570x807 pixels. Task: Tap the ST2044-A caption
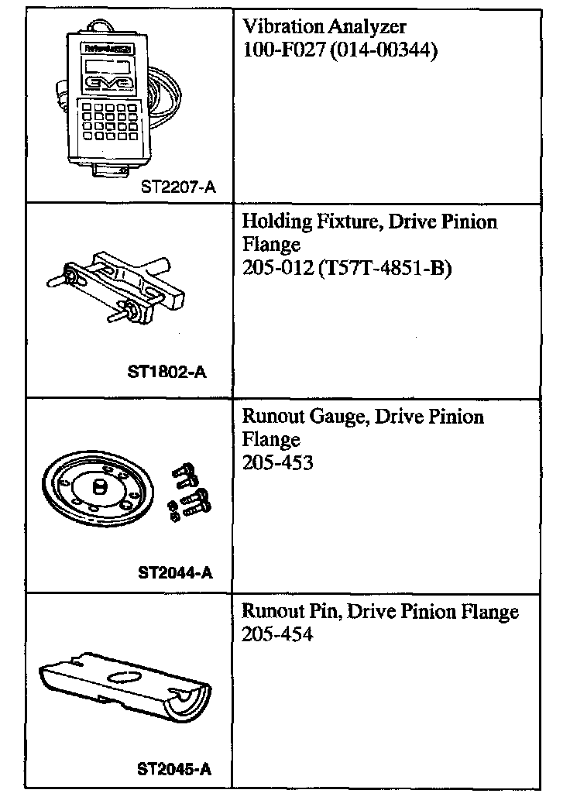[175, 573]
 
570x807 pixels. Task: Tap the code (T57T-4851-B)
[384, 269]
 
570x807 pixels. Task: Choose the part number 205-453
[277, 463]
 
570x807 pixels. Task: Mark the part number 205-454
[277, 635]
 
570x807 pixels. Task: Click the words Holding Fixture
[298, 222]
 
